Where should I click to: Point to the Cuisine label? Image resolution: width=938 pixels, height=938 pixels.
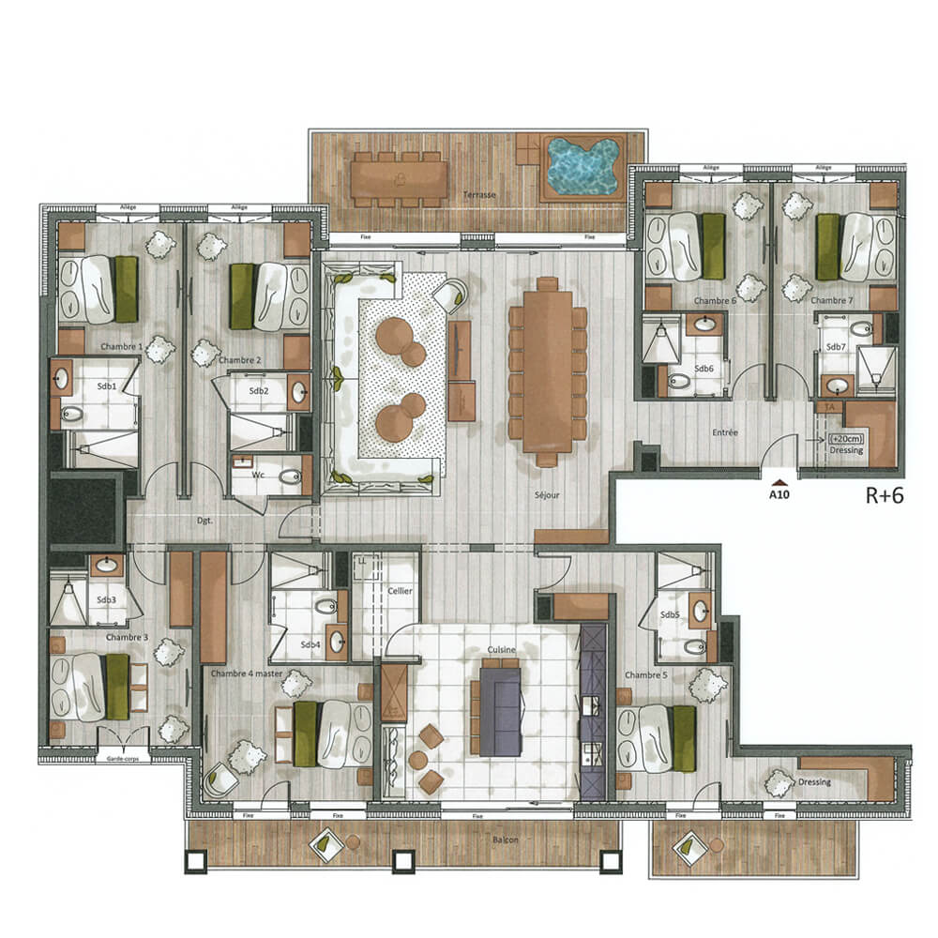(x=499, y=648)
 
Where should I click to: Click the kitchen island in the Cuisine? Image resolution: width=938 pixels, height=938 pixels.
(x=500, y=706)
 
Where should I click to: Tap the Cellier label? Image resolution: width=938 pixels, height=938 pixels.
(x=401, y=592)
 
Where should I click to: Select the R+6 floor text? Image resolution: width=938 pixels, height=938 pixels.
(x=884, y=496)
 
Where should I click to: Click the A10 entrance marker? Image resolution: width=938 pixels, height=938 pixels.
(x=779, y=490)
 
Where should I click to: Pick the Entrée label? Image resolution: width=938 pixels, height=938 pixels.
(x=725, y=433)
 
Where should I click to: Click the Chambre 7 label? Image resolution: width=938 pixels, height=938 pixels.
(x=830, y=301)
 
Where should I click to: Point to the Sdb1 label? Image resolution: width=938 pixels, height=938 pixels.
(x=106, y=386)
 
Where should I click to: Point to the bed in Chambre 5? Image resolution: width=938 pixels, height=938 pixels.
(x=656, y=725)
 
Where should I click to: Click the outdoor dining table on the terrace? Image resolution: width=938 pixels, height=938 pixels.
(x=400, y=179)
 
